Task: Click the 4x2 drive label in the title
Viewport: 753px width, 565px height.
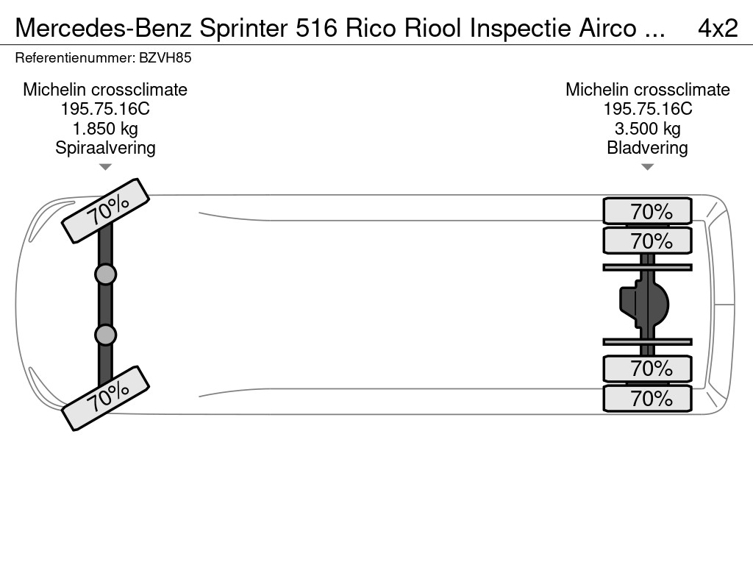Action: coord(717,28)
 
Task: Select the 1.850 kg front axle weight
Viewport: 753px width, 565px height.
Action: coord(105,129)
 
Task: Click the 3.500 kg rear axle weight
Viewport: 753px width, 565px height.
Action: coord(647,129)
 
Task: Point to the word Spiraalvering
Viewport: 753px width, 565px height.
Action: coord(105,148)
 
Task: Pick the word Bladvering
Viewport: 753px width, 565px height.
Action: coord(647,148)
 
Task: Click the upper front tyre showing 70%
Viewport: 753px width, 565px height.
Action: coord(106,210)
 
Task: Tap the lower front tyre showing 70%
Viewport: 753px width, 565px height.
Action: coord(106,398)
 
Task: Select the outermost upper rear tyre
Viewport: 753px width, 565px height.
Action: coord(647,211)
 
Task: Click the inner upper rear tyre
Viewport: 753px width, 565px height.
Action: coord(647,241)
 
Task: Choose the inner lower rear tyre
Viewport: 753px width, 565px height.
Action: coord(647,368)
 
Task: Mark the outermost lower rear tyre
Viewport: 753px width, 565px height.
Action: coord(647,399)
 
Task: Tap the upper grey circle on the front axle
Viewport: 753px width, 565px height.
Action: coord(105,274)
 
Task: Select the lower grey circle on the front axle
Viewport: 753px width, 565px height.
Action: coord(105,335)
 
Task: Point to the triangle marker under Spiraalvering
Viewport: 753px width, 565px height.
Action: coord(105,167)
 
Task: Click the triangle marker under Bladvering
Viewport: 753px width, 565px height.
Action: coord(647,167)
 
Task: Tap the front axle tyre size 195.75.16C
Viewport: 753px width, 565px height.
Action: coord(105,109)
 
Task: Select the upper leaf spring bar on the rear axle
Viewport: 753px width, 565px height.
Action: coord(647,267)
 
